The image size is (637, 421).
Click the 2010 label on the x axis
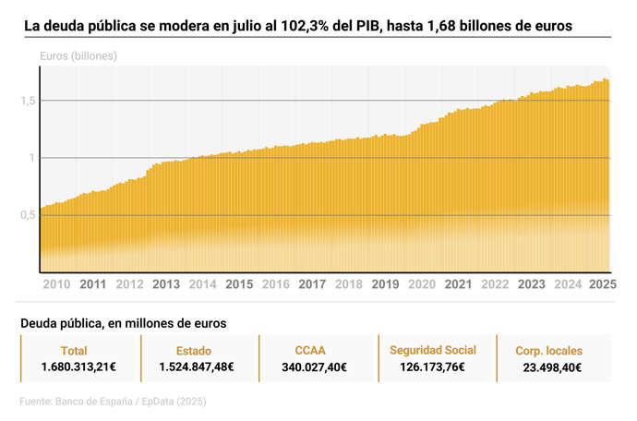57,284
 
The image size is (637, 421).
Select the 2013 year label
166,284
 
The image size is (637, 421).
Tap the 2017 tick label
312,284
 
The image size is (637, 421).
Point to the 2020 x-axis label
422,284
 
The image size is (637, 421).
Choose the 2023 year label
531,284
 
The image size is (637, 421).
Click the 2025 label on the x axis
602,284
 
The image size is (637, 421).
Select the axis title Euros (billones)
78,56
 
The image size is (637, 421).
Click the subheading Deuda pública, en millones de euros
124,323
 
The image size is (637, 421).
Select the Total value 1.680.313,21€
78,367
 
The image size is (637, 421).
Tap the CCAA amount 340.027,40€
315,367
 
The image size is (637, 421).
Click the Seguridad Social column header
433,350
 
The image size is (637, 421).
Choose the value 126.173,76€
433,367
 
